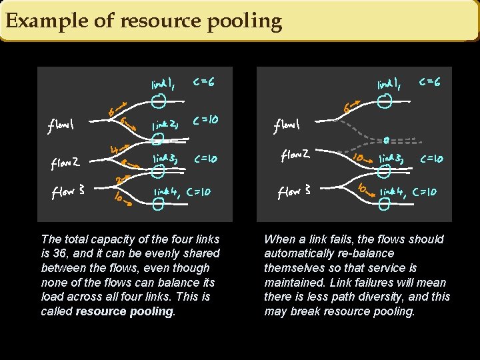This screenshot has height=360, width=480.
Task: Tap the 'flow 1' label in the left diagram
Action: click(61, 125)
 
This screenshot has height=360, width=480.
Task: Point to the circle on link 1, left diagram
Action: click(158, 101)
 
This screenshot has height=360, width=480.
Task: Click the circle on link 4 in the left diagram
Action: click(157, 205)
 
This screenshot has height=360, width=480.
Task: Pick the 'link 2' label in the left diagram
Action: click(163, 125)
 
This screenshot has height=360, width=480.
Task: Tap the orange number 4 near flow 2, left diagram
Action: click(115, 151)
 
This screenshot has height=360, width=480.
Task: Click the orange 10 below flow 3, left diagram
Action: click(120, 197)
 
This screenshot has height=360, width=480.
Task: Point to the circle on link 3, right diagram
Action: click(383, 171)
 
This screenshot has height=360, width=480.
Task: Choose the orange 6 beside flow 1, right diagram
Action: click(347, 108)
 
